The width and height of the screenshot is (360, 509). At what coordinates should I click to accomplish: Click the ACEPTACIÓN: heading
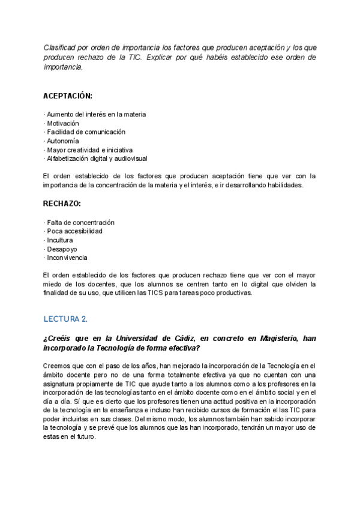coord(68,95)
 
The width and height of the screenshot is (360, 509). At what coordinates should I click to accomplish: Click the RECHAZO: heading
coord(63,203)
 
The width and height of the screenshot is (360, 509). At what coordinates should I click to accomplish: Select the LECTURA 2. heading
coord(65,318)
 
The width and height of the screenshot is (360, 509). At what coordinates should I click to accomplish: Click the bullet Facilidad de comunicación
coord(85,132)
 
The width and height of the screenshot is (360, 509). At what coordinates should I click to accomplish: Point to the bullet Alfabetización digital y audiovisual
coord(95,158)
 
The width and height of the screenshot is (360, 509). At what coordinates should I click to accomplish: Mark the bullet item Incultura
coord(59,240)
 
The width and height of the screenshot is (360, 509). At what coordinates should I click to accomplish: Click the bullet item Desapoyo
coord(61,249)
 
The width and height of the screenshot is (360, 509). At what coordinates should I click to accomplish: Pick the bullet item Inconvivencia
coord(67,258)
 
